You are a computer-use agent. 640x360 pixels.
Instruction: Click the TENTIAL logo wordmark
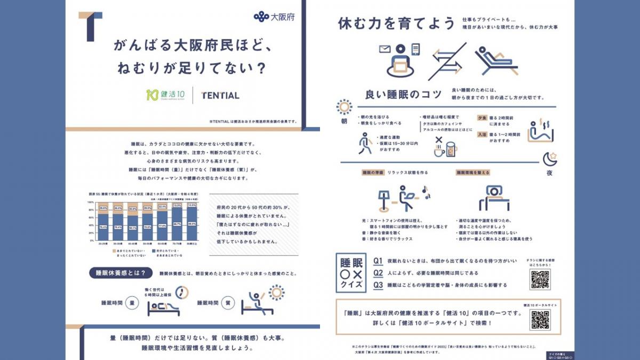(x=220, y=95)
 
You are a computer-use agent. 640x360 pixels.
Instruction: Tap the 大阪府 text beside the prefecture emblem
(x=282, y=17)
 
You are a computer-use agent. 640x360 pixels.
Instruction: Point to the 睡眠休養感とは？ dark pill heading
(x=116, y=274)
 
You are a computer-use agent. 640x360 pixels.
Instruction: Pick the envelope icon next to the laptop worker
(x=385, y=50)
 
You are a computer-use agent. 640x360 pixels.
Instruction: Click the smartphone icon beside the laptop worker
(x=415, y=50)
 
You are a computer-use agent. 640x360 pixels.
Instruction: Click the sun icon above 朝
(x=344, y=107)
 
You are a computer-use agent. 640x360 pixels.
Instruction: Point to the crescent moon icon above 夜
(x=550, y=158)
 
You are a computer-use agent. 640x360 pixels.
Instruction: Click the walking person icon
(x=366, y=142)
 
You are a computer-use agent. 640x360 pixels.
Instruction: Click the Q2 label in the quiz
(x=378, y=273)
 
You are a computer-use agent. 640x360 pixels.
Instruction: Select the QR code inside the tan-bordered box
(x=540, y=320)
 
